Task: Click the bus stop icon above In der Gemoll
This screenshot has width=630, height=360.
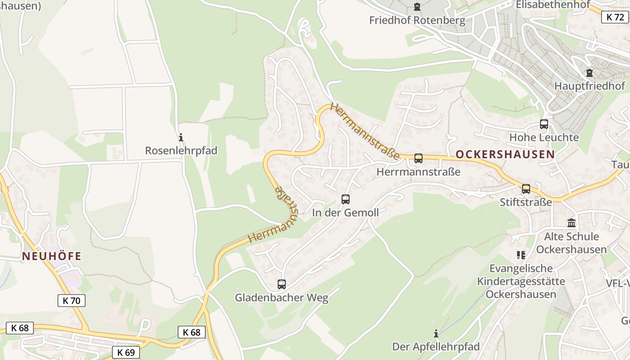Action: tap(346, 199)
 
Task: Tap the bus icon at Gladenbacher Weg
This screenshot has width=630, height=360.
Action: tap(282, 284)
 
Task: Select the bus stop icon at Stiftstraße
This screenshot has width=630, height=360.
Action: tap(526, 189)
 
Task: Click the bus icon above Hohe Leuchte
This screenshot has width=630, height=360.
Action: tap(544, 124)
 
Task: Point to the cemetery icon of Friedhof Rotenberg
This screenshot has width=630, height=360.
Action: tap(417, 7)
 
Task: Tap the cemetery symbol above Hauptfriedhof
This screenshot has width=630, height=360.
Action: tap(589, 72)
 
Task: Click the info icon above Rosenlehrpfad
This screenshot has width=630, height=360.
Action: tap(181, 137)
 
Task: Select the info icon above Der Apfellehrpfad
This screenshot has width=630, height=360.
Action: tap(436, 333)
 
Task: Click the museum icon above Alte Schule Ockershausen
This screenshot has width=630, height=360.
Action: tap(571, 223)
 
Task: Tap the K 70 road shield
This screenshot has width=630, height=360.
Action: tap(72, 301)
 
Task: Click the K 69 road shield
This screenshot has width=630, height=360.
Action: tap(126, 352)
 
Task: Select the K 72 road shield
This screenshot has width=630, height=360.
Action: tap(615, 17)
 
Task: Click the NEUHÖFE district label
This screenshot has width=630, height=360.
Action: tap(52, 256)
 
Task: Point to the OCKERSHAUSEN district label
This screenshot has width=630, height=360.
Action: tap(505, 154)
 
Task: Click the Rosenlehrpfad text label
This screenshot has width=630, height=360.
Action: tap(181, 151)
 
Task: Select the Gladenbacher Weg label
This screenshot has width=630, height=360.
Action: tap(282, 297)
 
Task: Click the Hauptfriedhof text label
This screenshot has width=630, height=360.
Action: tap(589, 86)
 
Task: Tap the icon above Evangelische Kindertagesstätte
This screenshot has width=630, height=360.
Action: tap(521, 255)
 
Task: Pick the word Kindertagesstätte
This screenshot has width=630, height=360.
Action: tap(521, 281)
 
